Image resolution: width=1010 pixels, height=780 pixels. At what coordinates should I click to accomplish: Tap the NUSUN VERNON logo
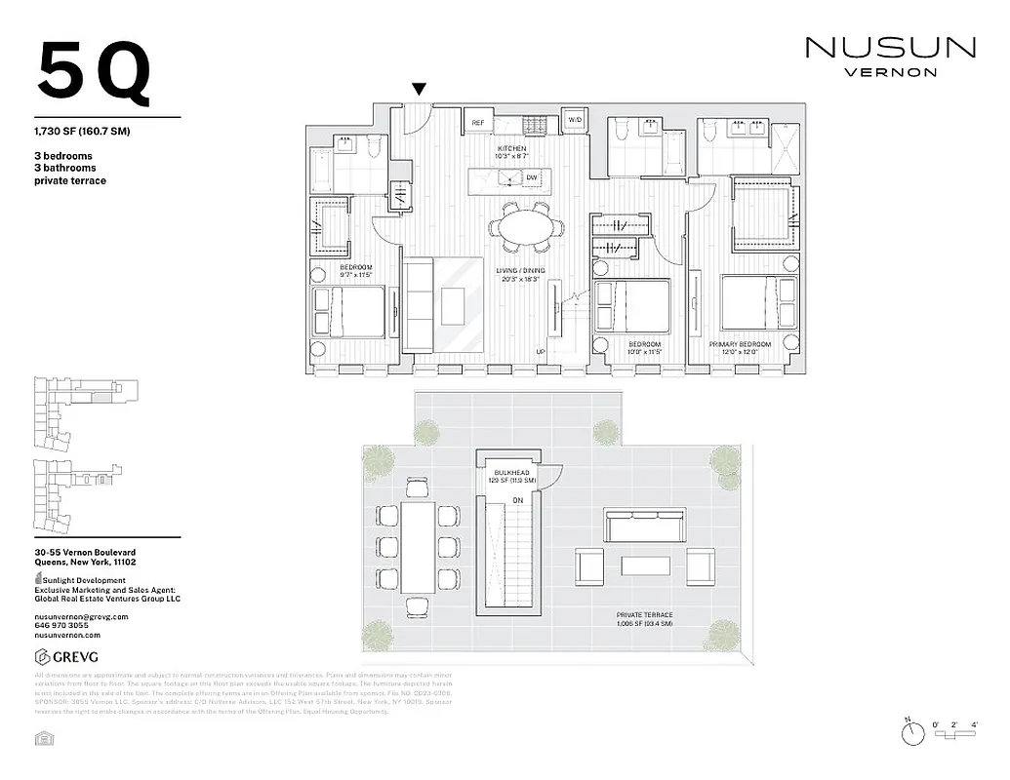click(889, 56)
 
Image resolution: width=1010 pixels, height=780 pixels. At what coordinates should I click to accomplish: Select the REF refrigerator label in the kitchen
click(478, 123)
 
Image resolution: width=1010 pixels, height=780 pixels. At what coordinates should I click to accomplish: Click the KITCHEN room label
click(511, 148)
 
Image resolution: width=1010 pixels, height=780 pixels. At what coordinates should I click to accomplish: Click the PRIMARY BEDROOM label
click(741, 344)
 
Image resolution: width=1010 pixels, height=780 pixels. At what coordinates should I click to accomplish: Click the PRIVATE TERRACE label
click(644, 615)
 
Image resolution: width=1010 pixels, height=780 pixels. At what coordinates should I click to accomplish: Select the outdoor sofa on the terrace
click(644, 526)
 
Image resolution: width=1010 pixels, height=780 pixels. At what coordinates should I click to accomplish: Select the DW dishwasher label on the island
click(532, 177)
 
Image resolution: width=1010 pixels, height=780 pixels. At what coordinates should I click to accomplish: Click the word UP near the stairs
click(540, 352)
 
